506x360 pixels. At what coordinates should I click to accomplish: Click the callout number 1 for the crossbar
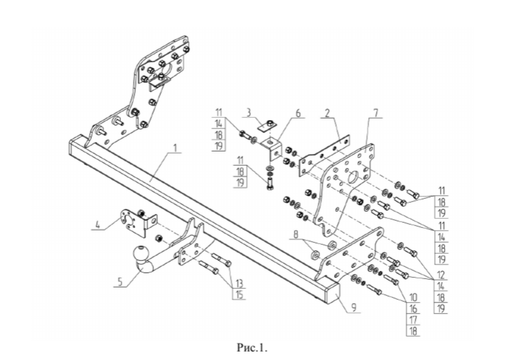point(175,148)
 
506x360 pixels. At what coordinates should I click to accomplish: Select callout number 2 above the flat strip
point(327,113)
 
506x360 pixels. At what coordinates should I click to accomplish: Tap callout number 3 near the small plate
point(248,113)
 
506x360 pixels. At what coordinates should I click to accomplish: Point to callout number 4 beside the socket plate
point(98,224)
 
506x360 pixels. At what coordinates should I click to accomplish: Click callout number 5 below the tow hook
point(120,282)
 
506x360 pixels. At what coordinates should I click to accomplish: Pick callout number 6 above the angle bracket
point(298,113)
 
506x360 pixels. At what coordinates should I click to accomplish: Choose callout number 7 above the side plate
point(376,113)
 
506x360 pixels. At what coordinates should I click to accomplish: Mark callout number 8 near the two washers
point(296,234)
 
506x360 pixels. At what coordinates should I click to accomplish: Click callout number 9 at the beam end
point(354,308)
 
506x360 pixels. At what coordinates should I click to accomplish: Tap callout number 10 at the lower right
point(413,297)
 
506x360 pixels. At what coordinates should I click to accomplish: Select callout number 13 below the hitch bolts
point(239,284)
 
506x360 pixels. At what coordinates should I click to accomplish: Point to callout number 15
point(239,295)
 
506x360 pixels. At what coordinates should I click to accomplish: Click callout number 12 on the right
point(441,275)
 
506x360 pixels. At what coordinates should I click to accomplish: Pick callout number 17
point(413,320)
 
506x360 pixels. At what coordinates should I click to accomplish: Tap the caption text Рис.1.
point(252,348)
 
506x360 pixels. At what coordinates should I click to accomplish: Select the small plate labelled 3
point(267,124)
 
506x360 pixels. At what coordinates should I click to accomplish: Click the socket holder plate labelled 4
point(133,223)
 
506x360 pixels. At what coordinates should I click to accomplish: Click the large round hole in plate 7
point(354,176)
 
